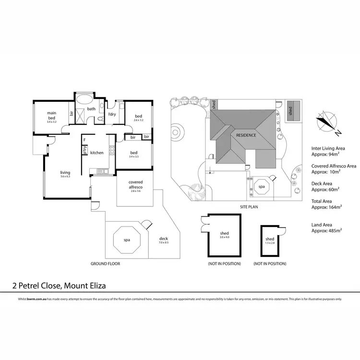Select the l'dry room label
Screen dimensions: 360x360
[112, 114]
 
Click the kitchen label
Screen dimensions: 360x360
[97, 153]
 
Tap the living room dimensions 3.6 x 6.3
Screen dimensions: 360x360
[65, 177]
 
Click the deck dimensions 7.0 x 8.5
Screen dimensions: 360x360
[164, 243]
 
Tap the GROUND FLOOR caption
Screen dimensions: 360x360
[105, 264]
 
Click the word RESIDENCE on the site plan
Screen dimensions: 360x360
[246, 135]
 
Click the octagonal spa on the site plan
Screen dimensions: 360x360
[262, 186]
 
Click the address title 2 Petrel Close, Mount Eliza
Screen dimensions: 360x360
[59, 286]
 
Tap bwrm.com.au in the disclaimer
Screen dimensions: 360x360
[32, 299]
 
